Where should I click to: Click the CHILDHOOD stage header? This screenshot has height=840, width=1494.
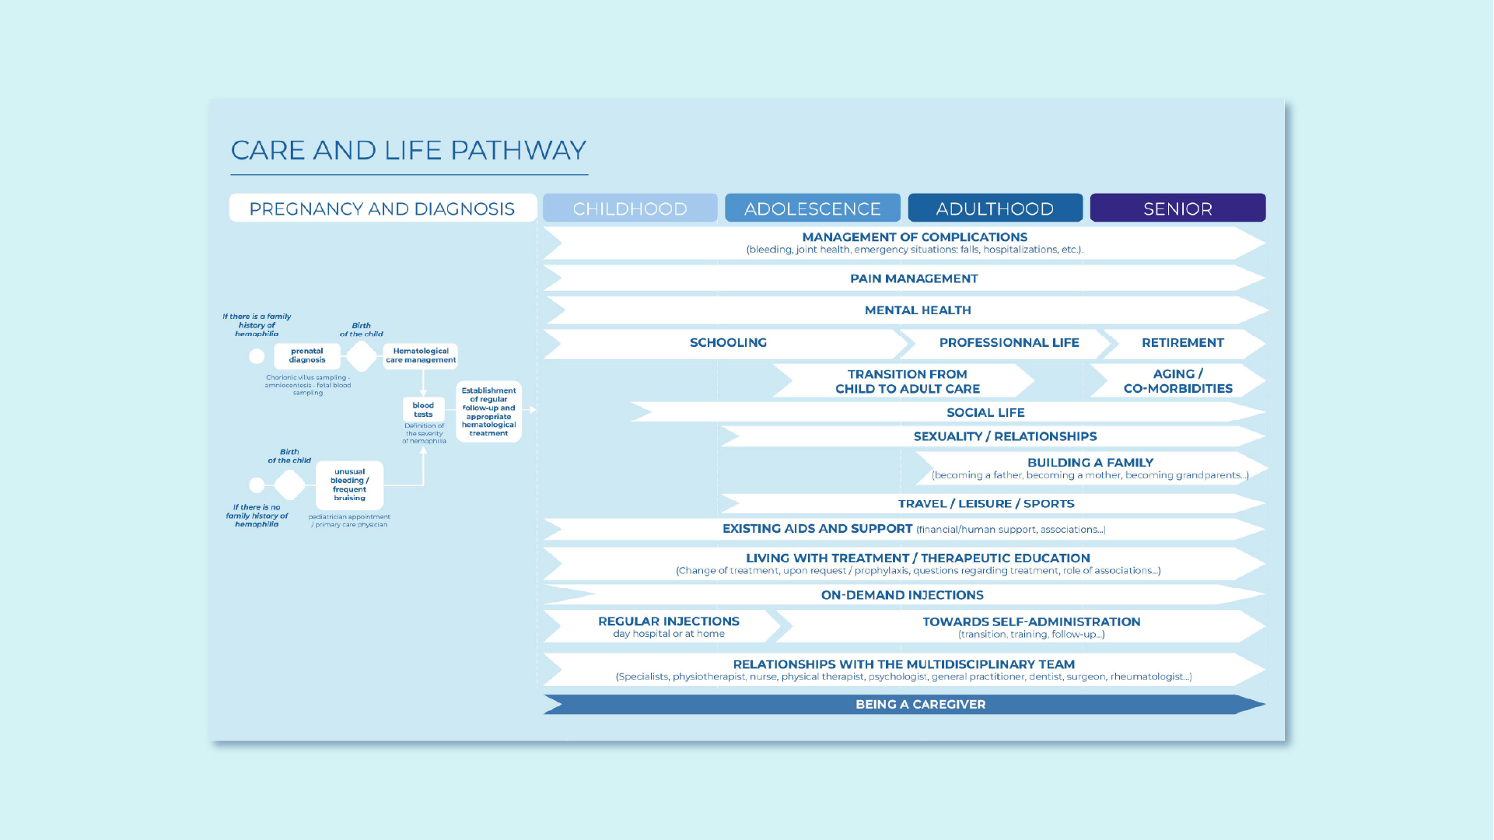[x=630, y=208]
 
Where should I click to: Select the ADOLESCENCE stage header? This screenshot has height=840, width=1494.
[x=812, y=208]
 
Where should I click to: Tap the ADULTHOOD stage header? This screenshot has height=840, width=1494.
[x=995, y=208]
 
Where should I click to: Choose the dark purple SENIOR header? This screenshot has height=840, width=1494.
[x=1177, y=208]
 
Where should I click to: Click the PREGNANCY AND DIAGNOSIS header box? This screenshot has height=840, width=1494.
[x=382, y=208]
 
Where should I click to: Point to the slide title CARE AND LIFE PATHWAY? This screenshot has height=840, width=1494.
[x=408, y=150]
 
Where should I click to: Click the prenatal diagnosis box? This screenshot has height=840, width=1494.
[x=307, y=355]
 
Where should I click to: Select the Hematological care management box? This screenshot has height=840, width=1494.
[x=421, y=355]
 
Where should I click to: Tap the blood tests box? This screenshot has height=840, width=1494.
[x=423, y=410]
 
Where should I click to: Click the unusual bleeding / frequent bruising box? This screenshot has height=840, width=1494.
[x=349, y=485]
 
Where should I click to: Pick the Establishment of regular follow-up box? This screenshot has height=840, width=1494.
[x=488, y=411]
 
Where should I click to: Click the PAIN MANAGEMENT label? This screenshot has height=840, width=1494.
[x=914, y=278]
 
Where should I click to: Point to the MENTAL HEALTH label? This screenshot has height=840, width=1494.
[x=918, y=310]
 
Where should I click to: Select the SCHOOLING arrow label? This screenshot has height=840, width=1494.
[x=728, y=343]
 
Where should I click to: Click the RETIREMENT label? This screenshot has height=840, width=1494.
[x=1182, y=343]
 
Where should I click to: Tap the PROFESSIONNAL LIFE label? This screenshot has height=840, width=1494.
[x=1009, y=343]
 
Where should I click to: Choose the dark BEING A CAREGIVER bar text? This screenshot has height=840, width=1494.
[x=920, y=705]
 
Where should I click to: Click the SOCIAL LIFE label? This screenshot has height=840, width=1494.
[x=985, y=413]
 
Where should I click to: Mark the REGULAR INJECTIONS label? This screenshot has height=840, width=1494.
[x=668, y=621]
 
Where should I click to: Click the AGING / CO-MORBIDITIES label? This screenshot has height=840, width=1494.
[x=1177, y=381]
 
